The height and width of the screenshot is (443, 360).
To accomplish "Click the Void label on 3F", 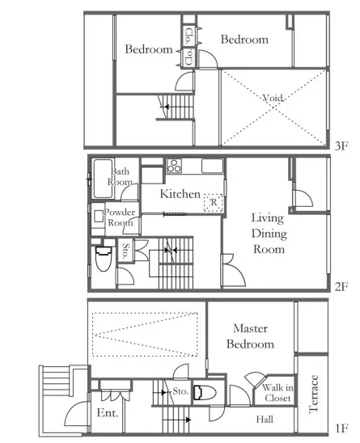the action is (273, 98).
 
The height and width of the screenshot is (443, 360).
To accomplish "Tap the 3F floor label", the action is (341, 146).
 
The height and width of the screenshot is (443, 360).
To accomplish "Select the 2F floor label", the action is (341, 287).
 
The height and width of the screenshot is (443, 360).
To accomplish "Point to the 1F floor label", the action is (341, 428).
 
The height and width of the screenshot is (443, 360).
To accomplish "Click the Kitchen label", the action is (180, 194).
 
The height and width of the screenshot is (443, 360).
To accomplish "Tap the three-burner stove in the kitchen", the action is (174, 166).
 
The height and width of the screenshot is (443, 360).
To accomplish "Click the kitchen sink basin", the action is (213, 166).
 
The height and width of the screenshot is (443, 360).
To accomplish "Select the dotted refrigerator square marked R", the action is (214, 203).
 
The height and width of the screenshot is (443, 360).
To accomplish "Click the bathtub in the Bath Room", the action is (103, 179).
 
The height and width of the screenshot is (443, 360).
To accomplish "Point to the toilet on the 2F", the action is (103, 259).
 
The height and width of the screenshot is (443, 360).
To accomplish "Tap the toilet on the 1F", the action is (205, 393).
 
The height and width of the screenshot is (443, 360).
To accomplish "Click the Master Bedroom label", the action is (250, 336).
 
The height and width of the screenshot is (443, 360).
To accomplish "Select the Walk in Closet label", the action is (277, 393).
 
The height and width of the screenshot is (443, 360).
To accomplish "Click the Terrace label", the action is (313, 394).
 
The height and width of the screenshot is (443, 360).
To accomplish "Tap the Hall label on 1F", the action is (265, 420).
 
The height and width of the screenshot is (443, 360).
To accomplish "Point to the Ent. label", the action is (107, 413).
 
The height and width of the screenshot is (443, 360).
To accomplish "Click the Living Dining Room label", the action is (269, 234).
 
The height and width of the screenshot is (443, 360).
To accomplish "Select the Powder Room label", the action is (120, 217).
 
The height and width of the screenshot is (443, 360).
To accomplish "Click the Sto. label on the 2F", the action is (125, 251).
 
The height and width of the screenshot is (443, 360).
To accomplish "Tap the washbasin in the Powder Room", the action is (98, 216).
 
